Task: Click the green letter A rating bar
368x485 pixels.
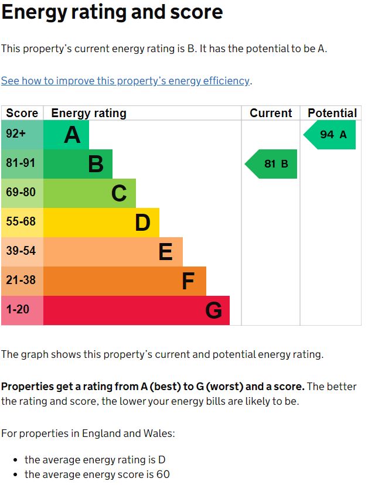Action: click(66, 135)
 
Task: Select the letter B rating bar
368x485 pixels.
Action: click(78, 164)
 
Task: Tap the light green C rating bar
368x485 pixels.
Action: click(90, 193)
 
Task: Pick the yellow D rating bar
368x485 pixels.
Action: click(101, 223)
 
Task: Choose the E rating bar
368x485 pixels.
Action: click(113, 252)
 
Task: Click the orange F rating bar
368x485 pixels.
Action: click(125, 281)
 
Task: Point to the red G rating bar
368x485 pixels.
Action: click(137, 310)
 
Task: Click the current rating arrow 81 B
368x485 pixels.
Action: click(271, 164)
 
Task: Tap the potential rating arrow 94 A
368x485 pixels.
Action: click(330, 135)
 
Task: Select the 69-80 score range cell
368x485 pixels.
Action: click(21, 193)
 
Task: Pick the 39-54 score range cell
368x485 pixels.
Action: click(21, 251)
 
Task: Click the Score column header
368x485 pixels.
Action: click(22, 113)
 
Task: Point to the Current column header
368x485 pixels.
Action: click(271, 113)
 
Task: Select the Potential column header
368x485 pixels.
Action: click(332, 113)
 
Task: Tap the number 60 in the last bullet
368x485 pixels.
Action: click(163, 474)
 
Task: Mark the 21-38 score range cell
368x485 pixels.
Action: click(21, 281)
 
